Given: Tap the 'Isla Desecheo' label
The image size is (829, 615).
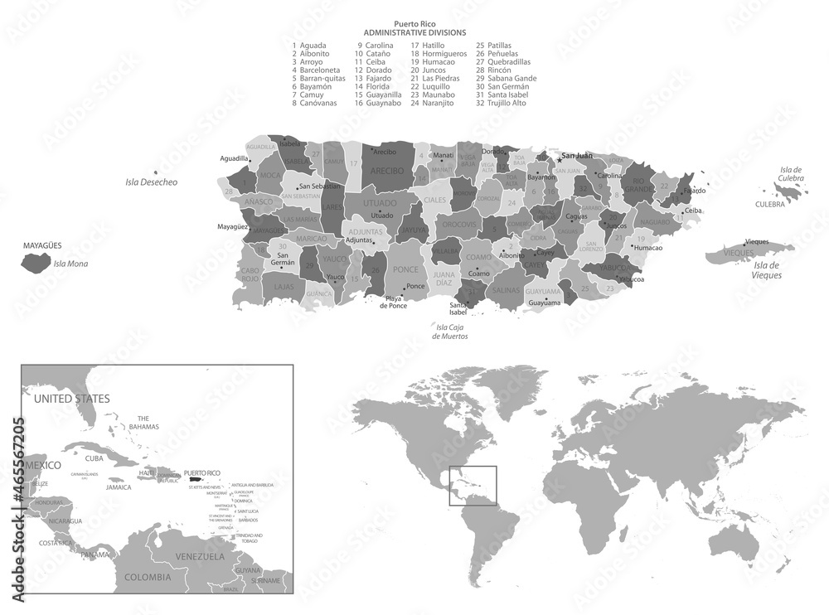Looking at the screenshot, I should (x=151, y=182).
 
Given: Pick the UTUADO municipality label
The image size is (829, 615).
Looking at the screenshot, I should (x=380, y=202).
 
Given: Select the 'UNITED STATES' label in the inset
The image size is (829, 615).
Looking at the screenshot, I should (x=71, y=399).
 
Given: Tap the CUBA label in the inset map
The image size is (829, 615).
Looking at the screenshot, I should (x=95, y=458).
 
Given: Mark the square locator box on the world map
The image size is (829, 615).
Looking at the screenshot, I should (x=472, y=486).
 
